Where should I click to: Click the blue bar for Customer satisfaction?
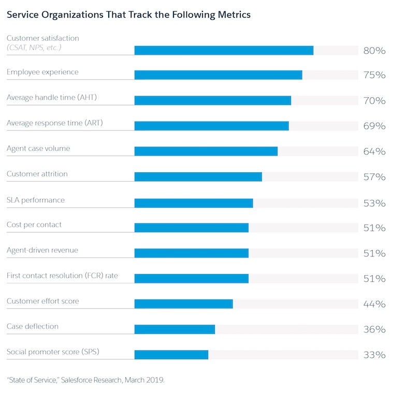click(224, 50)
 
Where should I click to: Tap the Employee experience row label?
click(42, 72)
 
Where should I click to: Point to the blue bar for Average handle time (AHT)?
click(212, 101)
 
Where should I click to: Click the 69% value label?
click(374, 126)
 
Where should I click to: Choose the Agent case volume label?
click(38, 148)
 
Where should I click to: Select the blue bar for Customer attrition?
click(198, 177)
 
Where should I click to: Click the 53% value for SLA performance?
click(374, 203)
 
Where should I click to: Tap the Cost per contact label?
click(34, 225)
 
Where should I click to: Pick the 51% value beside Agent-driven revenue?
click(374, 253)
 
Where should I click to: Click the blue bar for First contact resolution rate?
click(191, 279)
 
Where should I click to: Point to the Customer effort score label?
click(42, 301)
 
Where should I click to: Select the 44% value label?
click(374, 304)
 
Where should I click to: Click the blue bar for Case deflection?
click(174, 329)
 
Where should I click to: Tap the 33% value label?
click(374, 355)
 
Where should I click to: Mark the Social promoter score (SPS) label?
click(53, 352)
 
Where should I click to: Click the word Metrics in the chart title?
click(233, 15)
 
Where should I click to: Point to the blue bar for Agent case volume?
click(206, 152)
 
